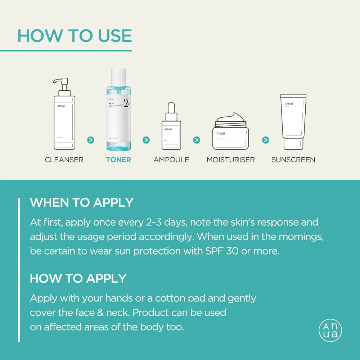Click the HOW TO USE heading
pyautogui.click(x=75, y=36)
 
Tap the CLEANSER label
pyautogui.click(x=64, y=159)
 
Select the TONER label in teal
pyautogui.click(x=118, y=159)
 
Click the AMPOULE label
pyautogui.click(x=171, y=159)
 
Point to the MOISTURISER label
pyautogui.click(x=231, y=159)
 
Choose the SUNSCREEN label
pyautogui.click(x=293, y=159)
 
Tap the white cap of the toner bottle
pyautogui.click(x=118, y=77)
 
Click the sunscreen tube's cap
pyautogui.click(x=293, y=143)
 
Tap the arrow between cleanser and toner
pyautogui.click(x=91, y=140)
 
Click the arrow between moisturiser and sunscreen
pyautogui.click(x=266, y=140)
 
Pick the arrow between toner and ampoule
pyautogui.click(x=146, y=140)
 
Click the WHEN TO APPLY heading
pyautogui.click(x=82, y=202)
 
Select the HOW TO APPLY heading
pyautogui.click(x=78, y=278)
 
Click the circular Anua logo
pyautogui.click(x=330, y=330)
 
